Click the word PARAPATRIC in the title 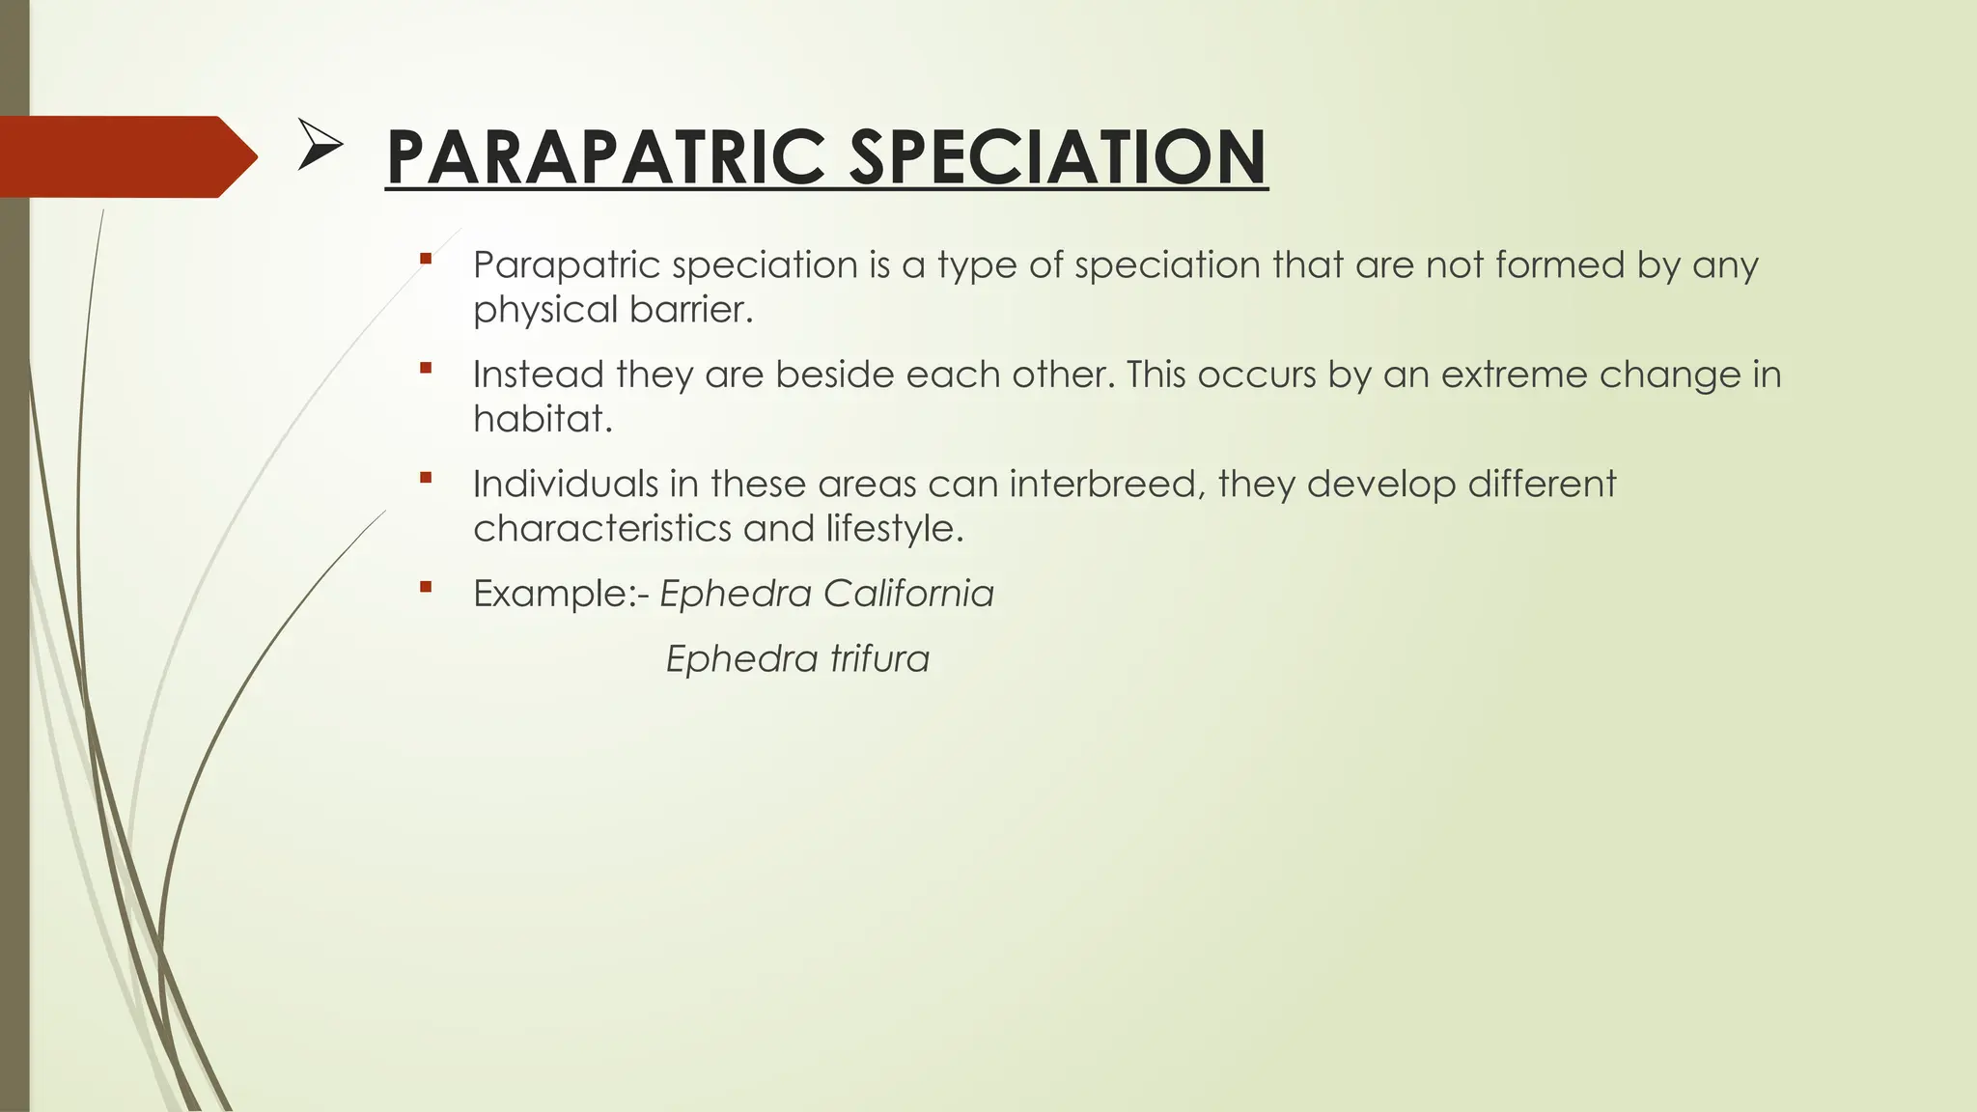604,157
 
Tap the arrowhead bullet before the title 320,145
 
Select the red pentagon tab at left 125,156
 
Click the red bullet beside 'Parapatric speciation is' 426,258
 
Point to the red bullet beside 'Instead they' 426,367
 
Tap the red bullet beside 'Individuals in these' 426,477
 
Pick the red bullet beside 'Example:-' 426,586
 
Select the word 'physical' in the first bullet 545,310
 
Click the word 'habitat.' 543,419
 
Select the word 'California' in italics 908,594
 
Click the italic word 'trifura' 879,659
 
